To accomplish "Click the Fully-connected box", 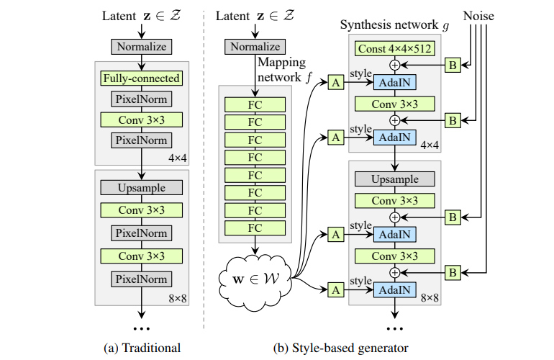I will coord(141,78).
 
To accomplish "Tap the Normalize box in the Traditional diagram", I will coord(141,47).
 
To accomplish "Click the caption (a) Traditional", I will coord(141,348).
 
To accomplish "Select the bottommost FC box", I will coord(255,228).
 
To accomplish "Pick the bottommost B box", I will coord(453,271).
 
